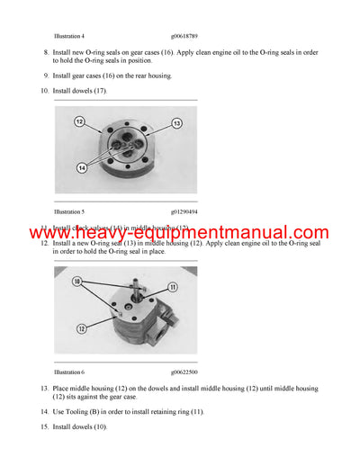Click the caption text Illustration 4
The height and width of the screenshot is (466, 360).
click(69, 36)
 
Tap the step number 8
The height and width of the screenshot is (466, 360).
click(46, 54)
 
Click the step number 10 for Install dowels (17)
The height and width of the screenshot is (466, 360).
click(44, 91)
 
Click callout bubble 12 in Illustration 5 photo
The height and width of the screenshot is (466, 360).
click(78, 121)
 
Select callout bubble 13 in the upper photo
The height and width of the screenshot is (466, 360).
click(176, 122)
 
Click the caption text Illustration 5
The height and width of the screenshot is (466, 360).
click(69, 211)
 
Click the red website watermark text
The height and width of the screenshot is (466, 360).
click(180, 235)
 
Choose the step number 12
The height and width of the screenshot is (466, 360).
click(44, 244)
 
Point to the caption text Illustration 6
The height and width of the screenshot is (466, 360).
click(69, 371)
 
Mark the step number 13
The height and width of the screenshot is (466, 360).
click(44, 389)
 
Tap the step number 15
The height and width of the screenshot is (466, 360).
click(44, 426)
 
